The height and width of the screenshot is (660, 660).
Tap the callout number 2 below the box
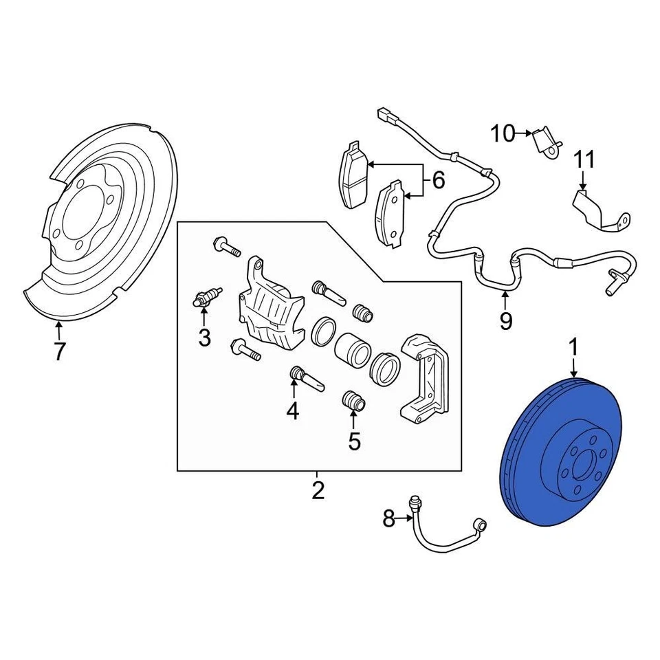[x=317, y=491]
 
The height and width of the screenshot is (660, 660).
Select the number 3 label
[x=203, y=338]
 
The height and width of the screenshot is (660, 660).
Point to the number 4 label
[x=293, y=411]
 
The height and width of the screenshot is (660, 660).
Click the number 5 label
[x=354, y=441]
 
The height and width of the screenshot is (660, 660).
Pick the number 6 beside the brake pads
[x=438, y=181]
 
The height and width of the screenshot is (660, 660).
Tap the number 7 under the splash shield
[x=59, y=351]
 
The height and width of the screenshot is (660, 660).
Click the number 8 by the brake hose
[x=389, y=519]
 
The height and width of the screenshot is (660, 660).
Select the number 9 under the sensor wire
[x=505, y=320]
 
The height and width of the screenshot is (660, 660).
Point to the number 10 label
[x=503, y=133]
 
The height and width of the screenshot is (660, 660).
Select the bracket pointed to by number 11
[x=598, y=210]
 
